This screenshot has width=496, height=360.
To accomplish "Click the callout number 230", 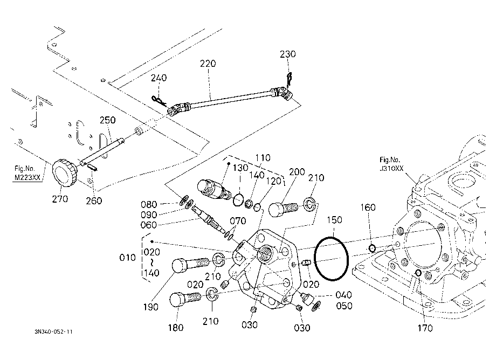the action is [x=287, y=54].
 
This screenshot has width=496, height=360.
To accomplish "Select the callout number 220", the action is [x=208, y=64].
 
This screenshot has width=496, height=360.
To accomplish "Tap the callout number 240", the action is [x=159, y=78].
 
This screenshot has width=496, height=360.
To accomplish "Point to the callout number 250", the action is [x=107, y=120].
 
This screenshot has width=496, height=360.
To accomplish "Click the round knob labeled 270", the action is [x=64, y=172].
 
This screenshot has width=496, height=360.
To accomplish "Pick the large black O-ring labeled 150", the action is [x=331, y=259].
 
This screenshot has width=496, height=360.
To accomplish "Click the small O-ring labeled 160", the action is [x=373, y=249].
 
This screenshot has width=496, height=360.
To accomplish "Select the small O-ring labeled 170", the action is [x=418, y=273].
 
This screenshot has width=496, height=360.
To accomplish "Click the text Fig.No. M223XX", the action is [x=28, y=173].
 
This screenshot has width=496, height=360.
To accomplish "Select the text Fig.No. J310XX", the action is [x=391, y=164].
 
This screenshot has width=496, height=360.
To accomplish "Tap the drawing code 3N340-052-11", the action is [x=54, y=331].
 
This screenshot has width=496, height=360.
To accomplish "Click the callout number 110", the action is [x=263, y=157].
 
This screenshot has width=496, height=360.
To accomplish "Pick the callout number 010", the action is [x=127, y=258].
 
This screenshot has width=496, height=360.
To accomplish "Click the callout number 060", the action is [x=149, y=225].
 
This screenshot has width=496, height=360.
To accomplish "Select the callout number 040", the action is [x=343, y=295].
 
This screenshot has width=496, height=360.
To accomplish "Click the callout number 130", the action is [x=240, y=168].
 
